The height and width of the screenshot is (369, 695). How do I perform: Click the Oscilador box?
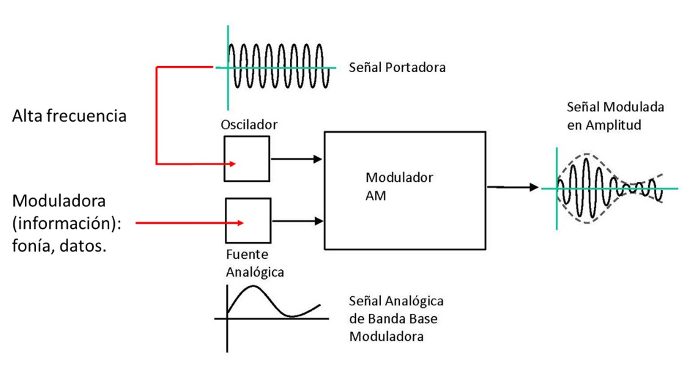coord(247,158)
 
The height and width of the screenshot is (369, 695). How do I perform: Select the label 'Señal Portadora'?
coord(397,67)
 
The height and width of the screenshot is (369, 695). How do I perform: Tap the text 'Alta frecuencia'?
coord(70,116)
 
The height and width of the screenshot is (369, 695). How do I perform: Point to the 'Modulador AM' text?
coord(399,187)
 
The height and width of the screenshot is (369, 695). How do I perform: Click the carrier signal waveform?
coord(278,67)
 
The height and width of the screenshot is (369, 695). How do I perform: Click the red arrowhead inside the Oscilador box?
coord(233,163)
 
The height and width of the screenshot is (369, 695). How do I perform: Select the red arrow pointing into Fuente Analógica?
coord(189,223)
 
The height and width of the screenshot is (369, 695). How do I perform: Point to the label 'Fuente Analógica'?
coord(255,263)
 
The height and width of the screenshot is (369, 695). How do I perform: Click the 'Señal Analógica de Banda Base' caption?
coord(396,310)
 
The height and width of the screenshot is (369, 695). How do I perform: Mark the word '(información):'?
coord(67,224)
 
